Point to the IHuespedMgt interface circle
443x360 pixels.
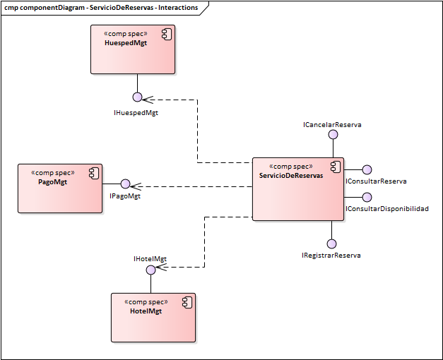click(137, 97)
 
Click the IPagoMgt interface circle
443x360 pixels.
click(125, 184)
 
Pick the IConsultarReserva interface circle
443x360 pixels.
click(367, 169)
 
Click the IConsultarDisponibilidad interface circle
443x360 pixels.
click(367, 198)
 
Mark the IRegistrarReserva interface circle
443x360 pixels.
click(332, 244)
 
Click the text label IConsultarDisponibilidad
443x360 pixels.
click(386, 209)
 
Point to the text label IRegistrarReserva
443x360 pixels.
click(331, 256)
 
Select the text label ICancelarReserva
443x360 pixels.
click(332, 125)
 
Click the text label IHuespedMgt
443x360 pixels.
click(136, 112)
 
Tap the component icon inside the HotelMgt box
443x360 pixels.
click(187, 301)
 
